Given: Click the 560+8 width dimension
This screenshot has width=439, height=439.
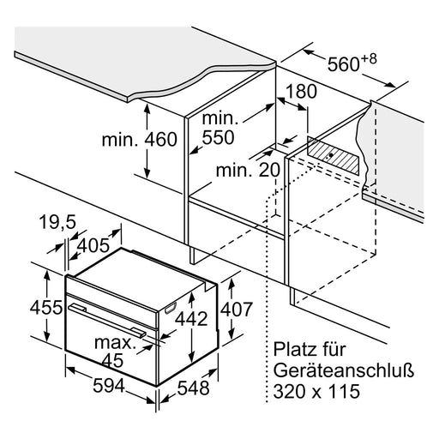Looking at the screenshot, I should click(352, 63).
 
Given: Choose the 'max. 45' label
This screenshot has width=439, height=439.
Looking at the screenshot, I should click(114, 352).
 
